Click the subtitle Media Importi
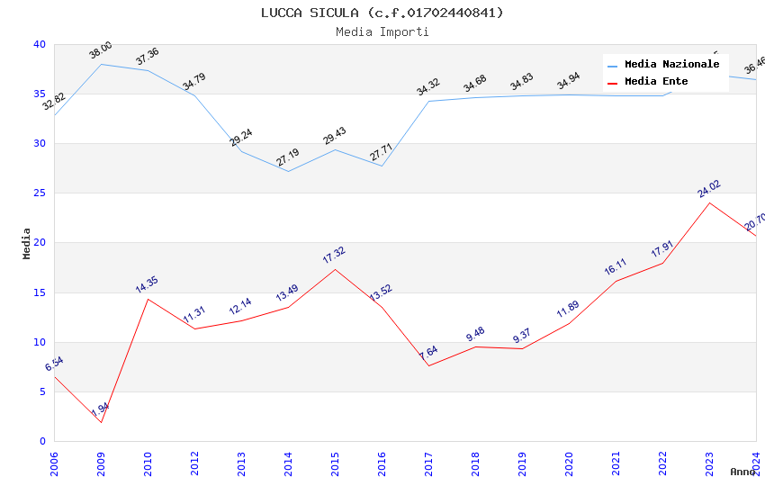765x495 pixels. (x=382, y=31)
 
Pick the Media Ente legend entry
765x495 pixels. (x=656, y=82)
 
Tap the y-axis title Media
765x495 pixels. (x=26, y=243)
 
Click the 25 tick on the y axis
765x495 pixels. (x=39, y=193)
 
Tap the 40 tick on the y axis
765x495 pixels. (x=39, y=44)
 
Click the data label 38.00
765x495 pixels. (x=101, y=50)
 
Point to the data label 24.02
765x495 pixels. (x=709, y=189)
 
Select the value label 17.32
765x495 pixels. (x=334, y=256)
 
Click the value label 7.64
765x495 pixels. (x=428, y=353)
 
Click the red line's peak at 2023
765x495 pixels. (x=709, y=202)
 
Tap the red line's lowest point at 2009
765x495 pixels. (x=101, y=422)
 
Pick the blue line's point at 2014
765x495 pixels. (x=288, y=171)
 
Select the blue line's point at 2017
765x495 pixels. (x=428, y=101)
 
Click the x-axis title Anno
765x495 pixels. (x=742, y=472)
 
